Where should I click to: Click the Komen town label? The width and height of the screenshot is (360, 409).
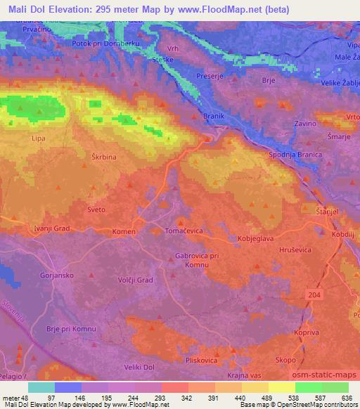124,231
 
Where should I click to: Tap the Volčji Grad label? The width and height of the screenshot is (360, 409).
134,280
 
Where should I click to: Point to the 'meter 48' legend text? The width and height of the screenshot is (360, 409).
16,398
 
